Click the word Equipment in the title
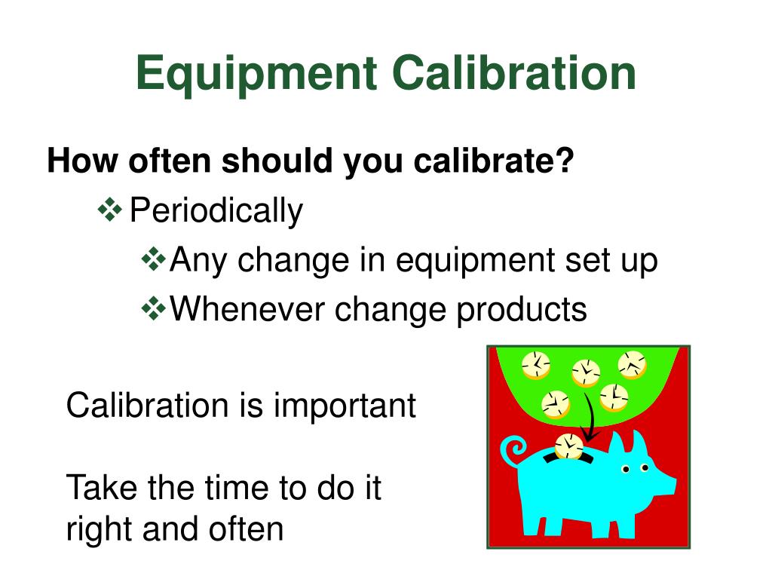coord(256,74)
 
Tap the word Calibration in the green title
coord(514,73)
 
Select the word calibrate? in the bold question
coord(494,161)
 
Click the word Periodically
coord(216,211)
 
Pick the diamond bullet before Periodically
coord(110,210)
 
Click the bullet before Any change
coord(154,259)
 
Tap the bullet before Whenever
coord(154,308)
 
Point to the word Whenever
coord(247,308)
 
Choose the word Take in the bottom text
coord(102,488)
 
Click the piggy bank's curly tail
coord(514,450)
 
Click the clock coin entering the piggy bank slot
coord(568,446)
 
